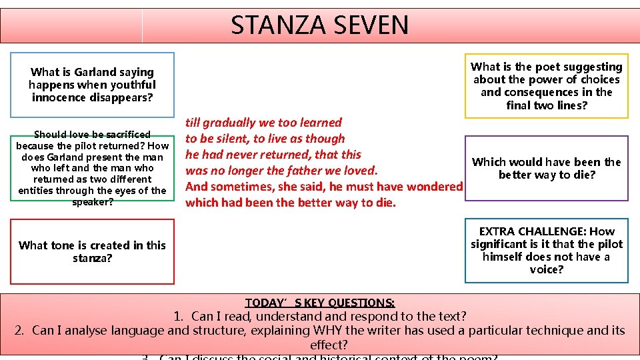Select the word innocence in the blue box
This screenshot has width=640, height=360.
tap(61, 97)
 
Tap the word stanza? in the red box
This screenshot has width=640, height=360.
tap(92, 258)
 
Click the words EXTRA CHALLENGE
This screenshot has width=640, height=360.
tap(533, 231)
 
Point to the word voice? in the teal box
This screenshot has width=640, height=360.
tap(546, 269)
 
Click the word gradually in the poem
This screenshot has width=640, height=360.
tap(232, 123)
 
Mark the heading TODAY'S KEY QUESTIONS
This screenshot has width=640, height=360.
tap(320, 303)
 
